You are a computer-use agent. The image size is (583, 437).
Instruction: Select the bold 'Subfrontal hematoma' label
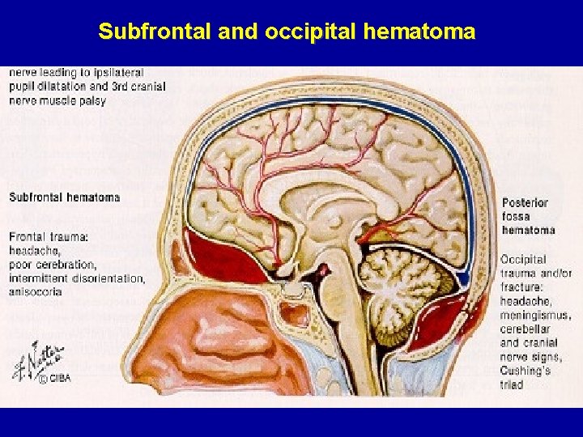[65, 197]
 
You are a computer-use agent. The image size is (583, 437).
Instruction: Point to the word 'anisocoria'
[36, 292]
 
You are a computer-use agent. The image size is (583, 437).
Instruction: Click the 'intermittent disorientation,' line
[78, 278]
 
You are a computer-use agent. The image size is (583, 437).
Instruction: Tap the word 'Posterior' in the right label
[525, 202]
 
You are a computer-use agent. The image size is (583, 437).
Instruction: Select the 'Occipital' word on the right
[524, 260]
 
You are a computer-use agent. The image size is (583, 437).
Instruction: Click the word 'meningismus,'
[535, 316]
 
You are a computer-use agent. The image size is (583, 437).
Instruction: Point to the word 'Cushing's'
[526, 371]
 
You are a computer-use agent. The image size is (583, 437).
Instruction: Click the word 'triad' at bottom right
[512, 384]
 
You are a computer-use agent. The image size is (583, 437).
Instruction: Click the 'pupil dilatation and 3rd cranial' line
[87, 87]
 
